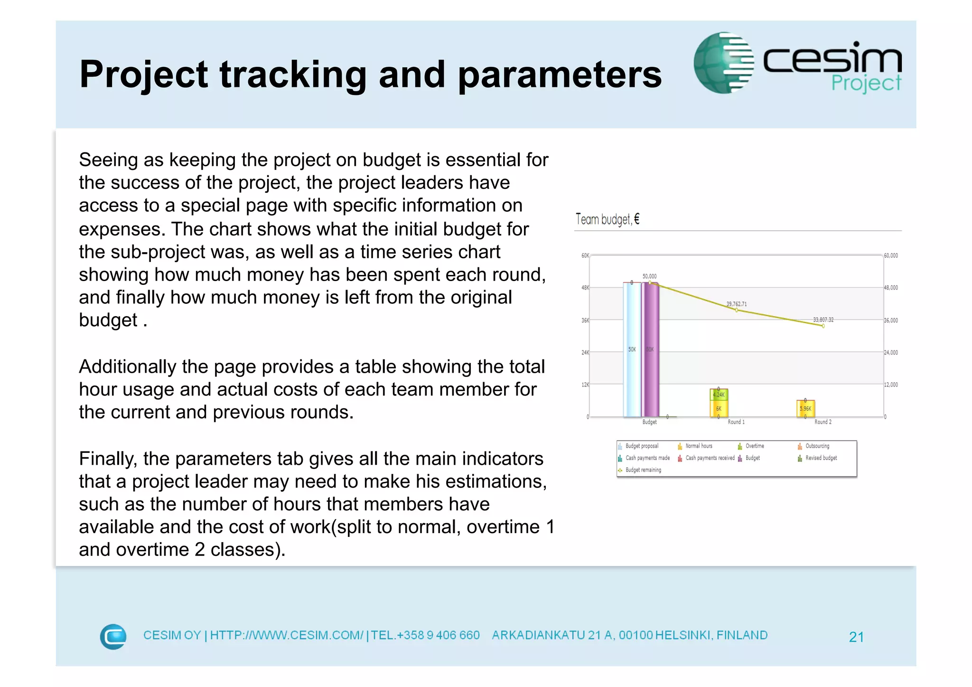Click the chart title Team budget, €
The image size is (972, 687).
607,219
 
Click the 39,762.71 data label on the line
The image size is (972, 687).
736,304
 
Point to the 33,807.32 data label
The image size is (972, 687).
823,320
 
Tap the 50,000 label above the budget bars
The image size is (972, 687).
649,276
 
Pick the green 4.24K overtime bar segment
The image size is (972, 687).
719,395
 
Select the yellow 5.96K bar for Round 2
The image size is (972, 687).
805,408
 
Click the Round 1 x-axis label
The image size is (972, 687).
736,422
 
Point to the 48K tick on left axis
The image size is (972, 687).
585,288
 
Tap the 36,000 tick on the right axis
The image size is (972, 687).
891,320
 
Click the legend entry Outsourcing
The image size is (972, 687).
817,446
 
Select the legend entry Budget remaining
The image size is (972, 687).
643,470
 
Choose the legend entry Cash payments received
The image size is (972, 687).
710,458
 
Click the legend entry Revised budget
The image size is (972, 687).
821,458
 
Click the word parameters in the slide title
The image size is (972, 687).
560,75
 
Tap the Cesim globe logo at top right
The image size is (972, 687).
723,63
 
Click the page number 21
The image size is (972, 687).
856,637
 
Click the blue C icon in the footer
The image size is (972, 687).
113,636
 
